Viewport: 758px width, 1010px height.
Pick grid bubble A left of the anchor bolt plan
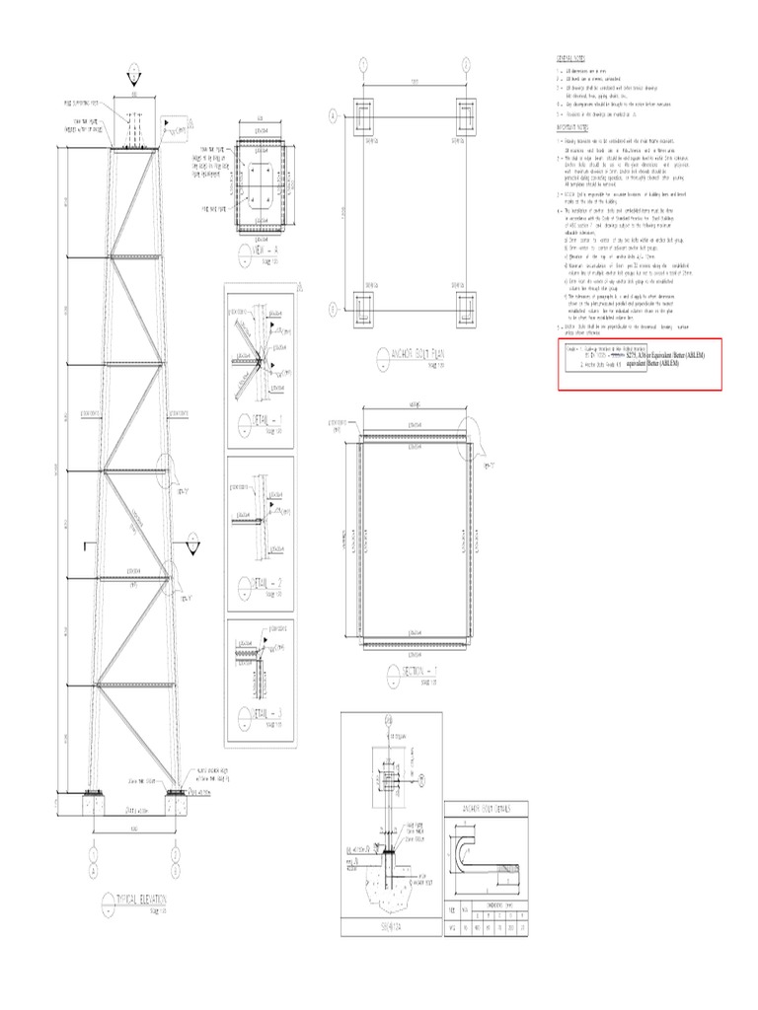point(333,115)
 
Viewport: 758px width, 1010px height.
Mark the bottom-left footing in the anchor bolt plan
point(363,309)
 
